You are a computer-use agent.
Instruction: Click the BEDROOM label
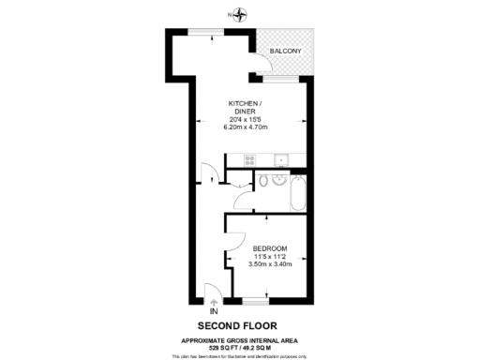[270, 248]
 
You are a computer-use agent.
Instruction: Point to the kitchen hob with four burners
[248, 160]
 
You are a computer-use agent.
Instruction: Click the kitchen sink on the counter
[280, 159]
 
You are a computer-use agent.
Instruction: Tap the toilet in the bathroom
[265, 180]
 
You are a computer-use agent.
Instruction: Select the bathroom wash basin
[280, 180]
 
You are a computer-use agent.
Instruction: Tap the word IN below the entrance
[214, 311]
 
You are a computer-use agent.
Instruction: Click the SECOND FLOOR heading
[240, 323]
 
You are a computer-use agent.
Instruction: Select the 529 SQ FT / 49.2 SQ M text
[240, 347]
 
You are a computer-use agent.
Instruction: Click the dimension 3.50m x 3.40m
[270, 264]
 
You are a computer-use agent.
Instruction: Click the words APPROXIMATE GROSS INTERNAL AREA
[240, 339]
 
